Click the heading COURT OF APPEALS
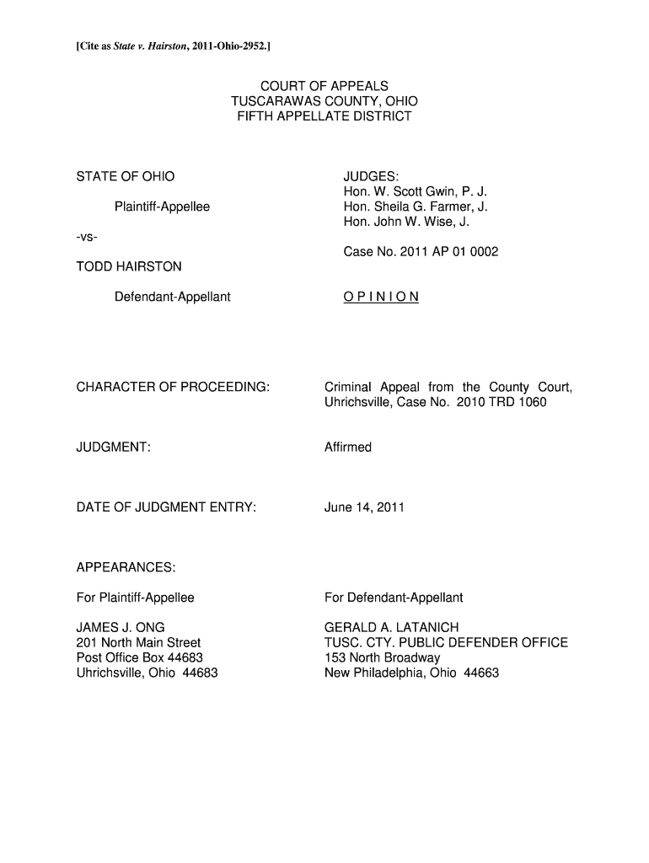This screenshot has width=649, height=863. coord(324,86)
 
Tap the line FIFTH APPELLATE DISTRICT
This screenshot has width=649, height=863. coord(324,116)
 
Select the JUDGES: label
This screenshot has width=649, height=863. coord(370,176)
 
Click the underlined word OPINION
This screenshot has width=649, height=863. coord(381,297)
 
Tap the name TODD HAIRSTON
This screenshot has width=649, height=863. coord(129,266)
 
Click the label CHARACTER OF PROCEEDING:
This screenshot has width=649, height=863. coord(173,387)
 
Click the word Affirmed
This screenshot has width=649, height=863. coord(348,448)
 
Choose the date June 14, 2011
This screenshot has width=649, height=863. coord(364,507)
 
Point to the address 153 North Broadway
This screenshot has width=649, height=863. coord(383,658)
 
